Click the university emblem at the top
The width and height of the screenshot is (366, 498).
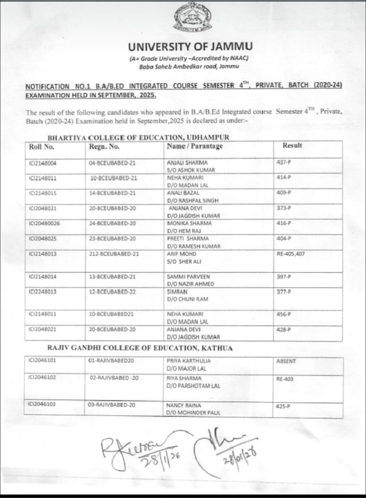pyautogui.click(x=190, y=19)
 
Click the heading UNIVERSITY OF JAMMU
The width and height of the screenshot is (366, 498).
pyautogui.click(x=190, y=46)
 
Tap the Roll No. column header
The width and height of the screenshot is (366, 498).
pyautogui.click(x=41, y=147)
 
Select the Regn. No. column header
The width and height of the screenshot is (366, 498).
pyautogui.click(x=104, y=147)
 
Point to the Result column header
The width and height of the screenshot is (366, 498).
pyautogui.click(x=292, y=146)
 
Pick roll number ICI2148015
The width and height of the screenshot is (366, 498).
pyautogui.click(x=43, y=193)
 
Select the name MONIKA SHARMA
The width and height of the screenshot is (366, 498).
pyautogui.click(x=189, y=223)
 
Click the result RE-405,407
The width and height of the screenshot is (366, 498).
pyautogui.click(x=290, y=254)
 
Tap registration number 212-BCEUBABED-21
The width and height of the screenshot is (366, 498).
pyautogui.click(x=114, y=254)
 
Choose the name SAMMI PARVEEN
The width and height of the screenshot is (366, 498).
pyautogui.click(x=188, y=276)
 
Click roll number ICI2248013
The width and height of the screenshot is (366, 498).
pyautogui.click(x=43, y=292)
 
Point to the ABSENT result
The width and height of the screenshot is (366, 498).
pyautogui.click(x=286, y=361)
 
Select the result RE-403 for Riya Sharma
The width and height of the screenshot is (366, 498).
pyautogui.click(x=285, y=379)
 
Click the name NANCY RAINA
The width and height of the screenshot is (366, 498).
pyautogui.click(x=183, y=405)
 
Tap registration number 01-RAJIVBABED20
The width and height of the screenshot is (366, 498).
pyautogui.click(x=111, y=361)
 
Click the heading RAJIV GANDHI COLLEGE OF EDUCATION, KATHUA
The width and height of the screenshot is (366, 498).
pyautogui.click(x=140, y=348)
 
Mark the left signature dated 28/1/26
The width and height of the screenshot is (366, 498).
pyautogui.click(x=136, y=448)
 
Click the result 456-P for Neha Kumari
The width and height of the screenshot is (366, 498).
pyautogui.click(x=284, y=314)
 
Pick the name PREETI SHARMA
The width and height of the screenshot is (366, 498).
pyautogui.click(x=188, y=238)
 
